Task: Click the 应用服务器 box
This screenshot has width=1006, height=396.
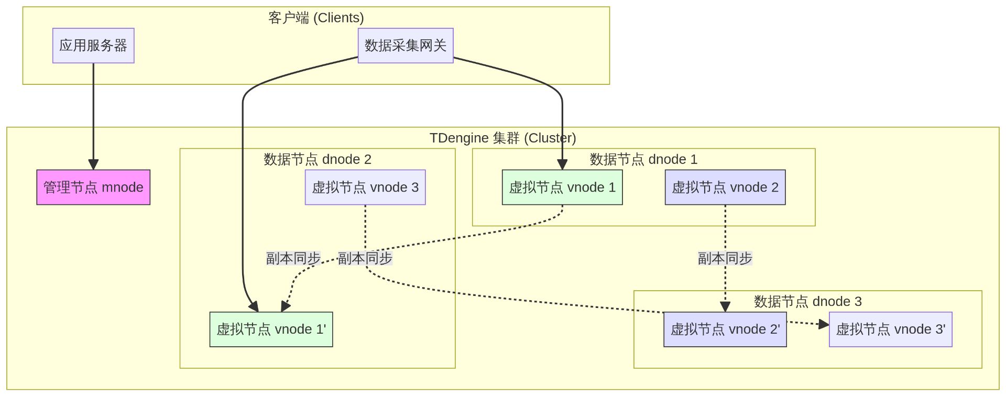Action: tap(93, 46)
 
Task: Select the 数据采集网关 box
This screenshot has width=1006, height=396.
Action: tap(406, 46)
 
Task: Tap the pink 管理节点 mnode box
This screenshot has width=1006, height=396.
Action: tap(93, 187)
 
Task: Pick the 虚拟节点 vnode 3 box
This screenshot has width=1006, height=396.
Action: tap(365, 187)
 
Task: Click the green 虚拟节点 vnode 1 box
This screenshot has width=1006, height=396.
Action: tap(562, 187)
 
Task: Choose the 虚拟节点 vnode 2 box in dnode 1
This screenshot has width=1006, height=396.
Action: tap(725, 187)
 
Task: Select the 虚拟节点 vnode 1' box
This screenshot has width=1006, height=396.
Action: tap(271, 329)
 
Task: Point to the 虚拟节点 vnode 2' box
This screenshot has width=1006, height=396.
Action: tap(725, 329)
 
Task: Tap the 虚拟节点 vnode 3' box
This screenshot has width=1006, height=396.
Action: tap(891, 329)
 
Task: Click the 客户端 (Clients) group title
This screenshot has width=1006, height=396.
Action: tap(316, 18)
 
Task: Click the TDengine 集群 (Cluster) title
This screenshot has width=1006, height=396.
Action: tap(502, 138)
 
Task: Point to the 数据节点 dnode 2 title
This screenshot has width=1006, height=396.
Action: tap(318, 159)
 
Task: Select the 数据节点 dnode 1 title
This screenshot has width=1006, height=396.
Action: tap(643, 159)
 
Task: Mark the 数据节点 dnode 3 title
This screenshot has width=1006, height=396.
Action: tap(807, 301)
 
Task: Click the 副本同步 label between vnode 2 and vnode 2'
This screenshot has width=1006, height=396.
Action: tap(725, 258)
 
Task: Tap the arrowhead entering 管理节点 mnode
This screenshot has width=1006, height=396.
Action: tap(93, 164)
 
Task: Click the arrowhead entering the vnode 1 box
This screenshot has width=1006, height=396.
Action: tap(562, 164)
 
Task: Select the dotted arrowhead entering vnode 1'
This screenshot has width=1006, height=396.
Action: tap(285, 306)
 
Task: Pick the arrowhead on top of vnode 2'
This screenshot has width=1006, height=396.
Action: tap(725, 307)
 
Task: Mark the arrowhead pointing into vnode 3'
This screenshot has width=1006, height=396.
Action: tap(824, 325)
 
